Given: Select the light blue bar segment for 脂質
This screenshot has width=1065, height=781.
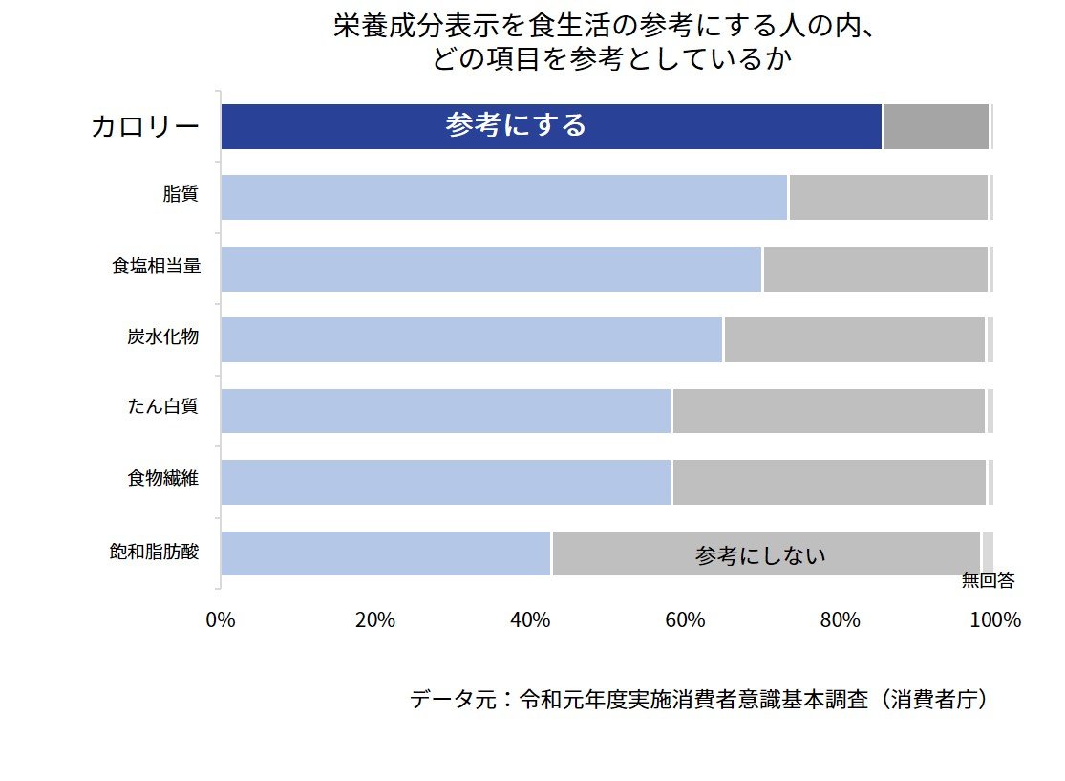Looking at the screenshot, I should tap(503, 198).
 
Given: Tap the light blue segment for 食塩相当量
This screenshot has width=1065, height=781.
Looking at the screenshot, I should tap(491, 269).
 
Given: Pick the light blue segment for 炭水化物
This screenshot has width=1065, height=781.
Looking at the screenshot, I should tap(472, 339).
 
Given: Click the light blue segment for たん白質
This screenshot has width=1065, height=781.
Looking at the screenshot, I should tap(446, 411).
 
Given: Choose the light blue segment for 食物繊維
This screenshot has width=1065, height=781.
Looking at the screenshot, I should tap(446, 482).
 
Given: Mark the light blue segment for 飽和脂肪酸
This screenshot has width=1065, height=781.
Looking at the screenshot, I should tap(386, 553).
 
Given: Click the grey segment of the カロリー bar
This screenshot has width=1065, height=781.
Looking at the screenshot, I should tap(936, 127).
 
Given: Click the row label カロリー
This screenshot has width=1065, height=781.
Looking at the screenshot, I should tap(145, 127).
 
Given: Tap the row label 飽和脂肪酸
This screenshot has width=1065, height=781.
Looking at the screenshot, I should tap(155, 552).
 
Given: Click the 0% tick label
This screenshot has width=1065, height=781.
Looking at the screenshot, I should tap(221, 619).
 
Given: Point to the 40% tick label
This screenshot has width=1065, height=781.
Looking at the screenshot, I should tap(530, 619).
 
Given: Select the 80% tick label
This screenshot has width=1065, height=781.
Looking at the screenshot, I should tap(841, 619).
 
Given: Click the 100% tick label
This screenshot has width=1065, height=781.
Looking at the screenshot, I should tap(995, 619).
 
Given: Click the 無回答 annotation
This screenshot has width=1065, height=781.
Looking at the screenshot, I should tap(988, 580).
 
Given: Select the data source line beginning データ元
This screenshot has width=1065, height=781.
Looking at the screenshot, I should tap(698, 700).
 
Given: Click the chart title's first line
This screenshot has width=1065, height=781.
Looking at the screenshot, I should tap(605, 27).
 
